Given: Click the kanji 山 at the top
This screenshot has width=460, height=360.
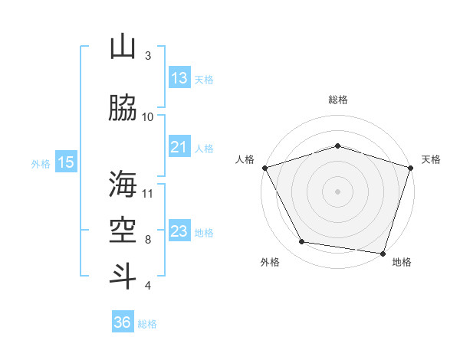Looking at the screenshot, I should click(123, 48).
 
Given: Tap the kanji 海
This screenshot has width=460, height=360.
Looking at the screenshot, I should click(123, 184).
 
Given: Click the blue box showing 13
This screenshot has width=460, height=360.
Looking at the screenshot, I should click(179, 78).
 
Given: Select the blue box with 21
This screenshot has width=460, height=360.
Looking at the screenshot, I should click(179, 147).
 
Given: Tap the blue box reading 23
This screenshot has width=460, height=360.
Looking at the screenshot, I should click(179, 231).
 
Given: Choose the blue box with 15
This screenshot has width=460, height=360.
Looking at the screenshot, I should click(66, 162).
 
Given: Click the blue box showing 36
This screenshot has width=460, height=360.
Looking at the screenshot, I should click(123, 322).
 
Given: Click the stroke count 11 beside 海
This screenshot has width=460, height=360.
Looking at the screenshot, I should click(148, 192).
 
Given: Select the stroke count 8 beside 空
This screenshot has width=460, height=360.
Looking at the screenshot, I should click(148, 239).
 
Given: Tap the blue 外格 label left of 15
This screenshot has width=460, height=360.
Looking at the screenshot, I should click(41, 163).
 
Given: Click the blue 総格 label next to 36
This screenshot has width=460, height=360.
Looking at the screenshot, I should click(147, 324).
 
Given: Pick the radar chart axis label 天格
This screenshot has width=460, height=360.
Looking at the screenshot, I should click(431, 159).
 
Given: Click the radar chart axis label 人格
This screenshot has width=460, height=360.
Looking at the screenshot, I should click(245, 159).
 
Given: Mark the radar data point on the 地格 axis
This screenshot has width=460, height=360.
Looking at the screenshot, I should click(383, 253).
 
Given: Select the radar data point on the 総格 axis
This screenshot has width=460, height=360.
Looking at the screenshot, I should click(337, 146).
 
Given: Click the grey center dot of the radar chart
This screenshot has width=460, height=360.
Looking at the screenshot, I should click(337, 191).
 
